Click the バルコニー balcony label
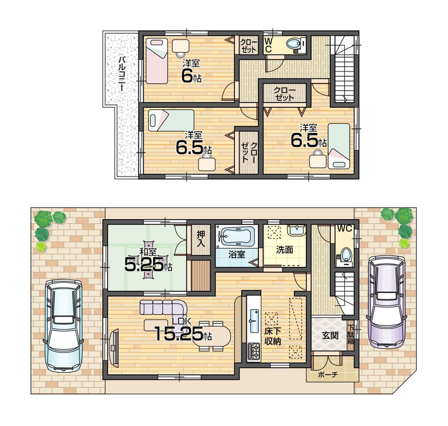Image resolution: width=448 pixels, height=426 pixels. pyautogui.click(x=122, y=74)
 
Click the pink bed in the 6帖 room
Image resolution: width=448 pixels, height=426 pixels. pyautogui.click(x=156, y=60)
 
